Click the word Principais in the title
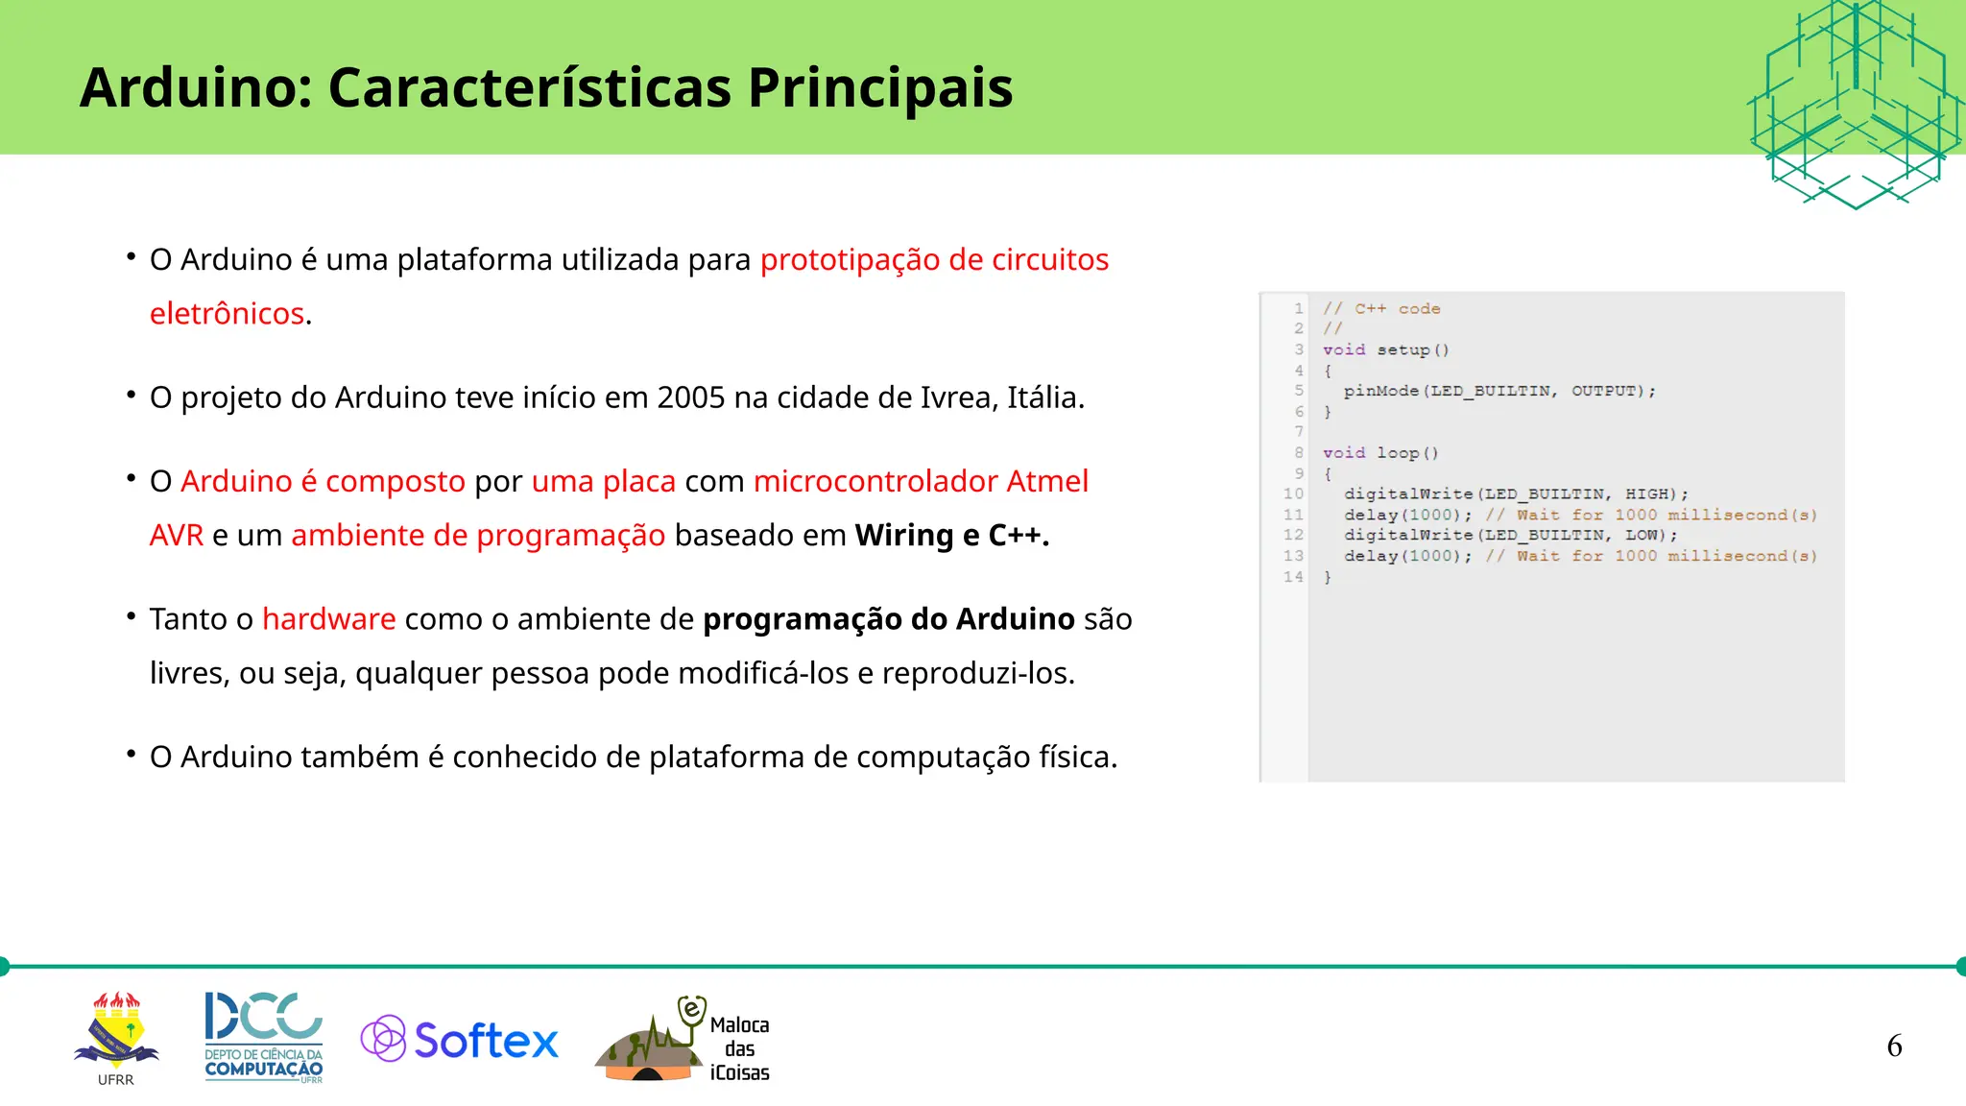tap(879, 88)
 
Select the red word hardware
tap(328, 619)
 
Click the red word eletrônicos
tap(227, 314)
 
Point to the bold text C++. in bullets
tap(1019, 536)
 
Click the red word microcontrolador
tap(875, 481)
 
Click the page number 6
tap(1893, 1046)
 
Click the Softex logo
tap(460, 1040)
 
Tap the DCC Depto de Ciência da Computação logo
tap(263, 1037)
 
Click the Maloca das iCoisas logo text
tap(739, 1048)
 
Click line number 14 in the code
tap(1292, 577)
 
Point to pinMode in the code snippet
tap(1380, 391)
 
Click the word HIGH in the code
tap(1646, 493)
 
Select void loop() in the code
tap(1379, 453)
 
